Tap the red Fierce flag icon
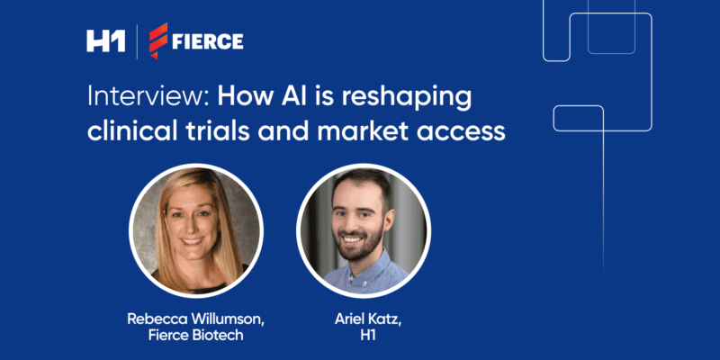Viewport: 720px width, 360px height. click(x=159, y=40)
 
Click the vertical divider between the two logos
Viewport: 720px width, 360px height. click(x=136, y=40)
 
